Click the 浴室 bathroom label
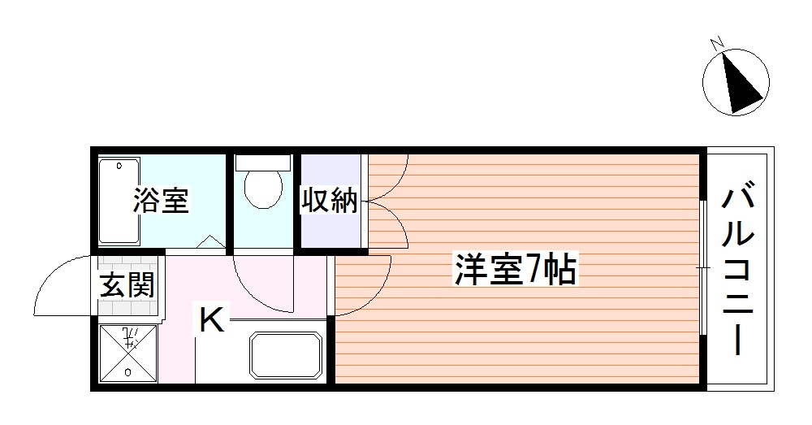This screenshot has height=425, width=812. pos(162,200)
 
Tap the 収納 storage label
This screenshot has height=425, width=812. pos(330,200)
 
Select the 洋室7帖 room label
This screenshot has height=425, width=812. pos(515,270)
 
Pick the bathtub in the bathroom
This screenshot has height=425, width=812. pos(119,202)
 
